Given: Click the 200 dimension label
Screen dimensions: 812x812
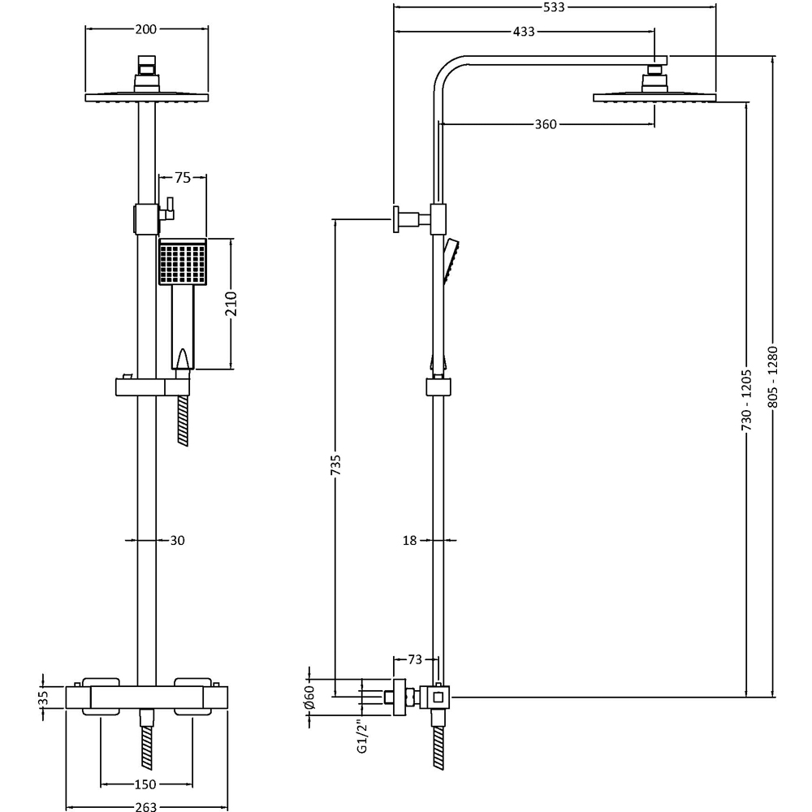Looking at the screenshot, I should coord(146,29).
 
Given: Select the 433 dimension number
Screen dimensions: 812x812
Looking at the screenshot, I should coord(524,32).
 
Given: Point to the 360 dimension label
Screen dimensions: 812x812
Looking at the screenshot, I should coord(546,124).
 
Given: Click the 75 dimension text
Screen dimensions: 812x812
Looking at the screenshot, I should coord(182,179).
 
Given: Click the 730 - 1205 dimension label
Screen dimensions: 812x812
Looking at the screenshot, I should coord(747,400).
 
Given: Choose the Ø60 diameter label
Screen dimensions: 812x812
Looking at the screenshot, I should coord(309,697).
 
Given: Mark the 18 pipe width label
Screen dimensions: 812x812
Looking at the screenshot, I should coord(409,540).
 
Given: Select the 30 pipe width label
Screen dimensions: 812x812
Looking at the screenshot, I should coord(177,540).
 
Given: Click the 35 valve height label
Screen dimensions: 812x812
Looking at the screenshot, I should coord(45,697).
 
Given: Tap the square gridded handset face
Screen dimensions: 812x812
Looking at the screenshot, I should coord(182,262).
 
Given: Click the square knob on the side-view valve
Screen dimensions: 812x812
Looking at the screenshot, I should coord(438,696).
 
